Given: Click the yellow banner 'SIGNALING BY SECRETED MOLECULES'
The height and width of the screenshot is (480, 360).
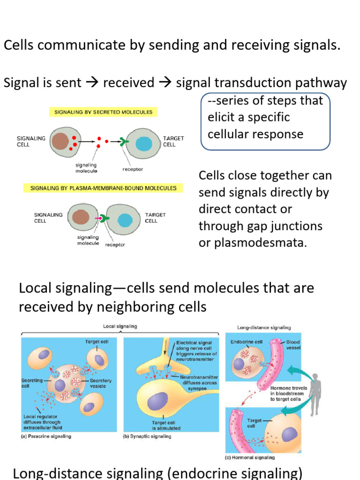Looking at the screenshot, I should (104, 112).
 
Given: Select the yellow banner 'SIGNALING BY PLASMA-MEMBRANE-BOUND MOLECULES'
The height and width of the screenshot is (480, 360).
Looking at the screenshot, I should (103, 188).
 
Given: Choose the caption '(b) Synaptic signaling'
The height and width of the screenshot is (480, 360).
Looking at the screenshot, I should (147, 436).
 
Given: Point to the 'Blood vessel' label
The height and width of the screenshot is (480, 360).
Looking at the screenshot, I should (293, 345).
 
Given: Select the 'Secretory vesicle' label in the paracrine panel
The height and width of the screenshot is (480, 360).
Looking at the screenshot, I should (101, 383).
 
